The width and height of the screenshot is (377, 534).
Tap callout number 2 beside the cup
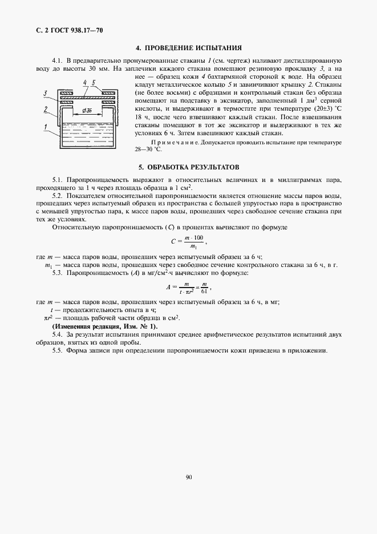(44, 108)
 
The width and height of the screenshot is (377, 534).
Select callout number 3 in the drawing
(44, 92)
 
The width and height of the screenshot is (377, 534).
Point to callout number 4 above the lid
(84, 83)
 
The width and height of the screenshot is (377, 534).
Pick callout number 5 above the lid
(93, 83)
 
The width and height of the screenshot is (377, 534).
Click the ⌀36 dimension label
(88, 110)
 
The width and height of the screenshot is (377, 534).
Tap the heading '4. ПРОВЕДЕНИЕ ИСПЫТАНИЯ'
(188, 48)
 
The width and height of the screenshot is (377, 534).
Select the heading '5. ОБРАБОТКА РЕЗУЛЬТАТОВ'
(188, 167)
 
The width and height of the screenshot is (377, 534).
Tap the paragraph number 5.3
(57, 274)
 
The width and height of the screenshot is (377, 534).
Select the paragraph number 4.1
(57, 60)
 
